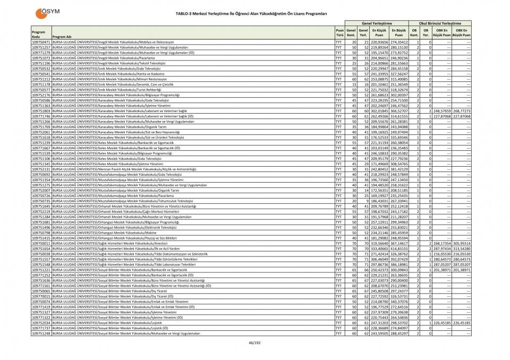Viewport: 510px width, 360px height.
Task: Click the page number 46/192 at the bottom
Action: (255, 342)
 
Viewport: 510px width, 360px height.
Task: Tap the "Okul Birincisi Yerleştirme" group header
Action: (440, 23)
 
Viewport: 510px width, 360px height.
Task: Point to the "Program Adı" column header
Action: (62, 37)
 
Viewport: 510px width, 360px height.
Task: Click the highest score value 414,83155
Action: (398, 248)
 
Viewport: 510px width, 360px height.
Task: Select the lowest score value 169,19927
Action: (380, 195)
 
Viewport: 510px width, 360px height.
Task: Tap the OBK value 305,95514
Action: (461, 243)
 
